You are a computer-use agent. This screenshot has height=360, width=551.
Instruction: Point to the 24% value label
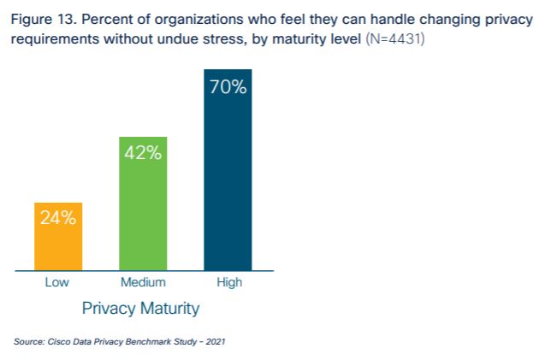[58, 217]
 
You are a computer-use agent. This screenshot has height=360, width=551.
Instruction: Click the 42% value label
[143, 153]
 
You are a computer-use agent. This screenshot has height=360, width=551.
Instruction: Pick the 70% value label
[228, 88]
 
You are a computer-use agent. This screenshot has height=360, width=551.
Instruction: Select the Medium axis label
[143, 283]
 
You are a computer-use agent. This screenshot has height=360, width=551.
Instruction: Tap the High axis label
[228, 283]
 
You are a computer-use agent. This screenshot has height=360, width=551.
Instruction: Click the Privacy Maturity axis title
[140, 307]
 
